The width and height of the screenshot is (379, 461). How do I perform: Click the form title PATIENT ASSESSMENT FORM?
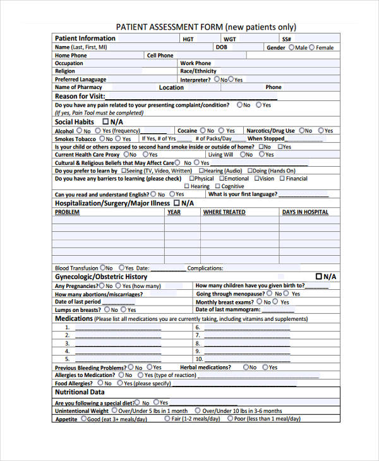click(x=170, y=27)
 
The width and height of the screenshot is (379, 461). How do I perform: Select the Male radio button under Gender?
click(x=292, y=47)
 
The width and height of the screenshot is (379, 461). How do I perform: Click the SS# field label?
click(x=286, y=39)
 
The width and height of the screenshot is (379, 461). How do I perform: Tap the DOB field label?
click(x=221, y=47)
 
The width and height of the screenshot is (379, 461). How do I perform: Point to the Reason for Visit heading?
click(x=80, y=97)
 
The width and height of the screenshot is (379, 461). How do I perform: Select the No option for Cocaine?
click(x=203, y=131)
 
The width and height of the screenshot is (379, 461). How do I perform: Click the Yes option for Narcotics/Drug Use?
click(x=321, y=131)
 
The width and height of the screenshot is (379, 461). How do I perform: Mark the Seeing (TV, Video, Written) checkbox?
click(x=123, y=171)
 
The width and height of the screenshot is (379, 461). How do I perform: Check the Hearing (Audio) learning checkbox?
click(x=202, y=171)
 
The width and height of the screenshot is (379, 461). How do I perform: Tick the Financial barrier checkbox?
click(x=282, y=179)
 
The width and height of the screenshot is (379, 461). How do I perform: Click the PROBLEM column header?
click(x=67, y=213)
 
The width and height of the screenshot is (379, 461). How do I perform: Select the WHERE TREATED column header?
click(x=224, y=213)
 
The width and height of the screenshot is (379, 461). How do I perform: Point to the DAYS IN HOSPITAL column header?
click(x=305, y=213)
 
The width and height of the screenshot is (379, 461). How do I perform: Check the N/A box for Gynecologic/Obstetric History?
click(x=318, y=277)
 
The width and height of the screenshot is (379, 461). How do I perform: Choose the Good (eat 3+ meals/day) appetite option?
click(x=83, y=419)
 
